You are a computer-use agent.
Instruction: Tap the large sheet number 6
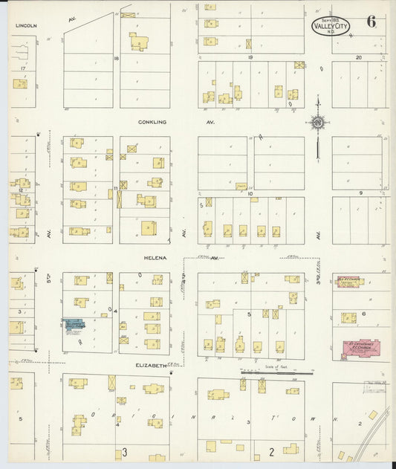pyautogui.click(x=371, y=22)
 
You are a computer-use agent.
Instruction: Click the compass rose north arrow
pyautogui.click(x=317, y=123)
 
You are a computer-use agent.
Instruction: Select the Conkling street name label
pyautogui.click(x=152, y=121)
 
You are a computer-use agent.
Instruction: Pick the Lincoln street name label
pyautogui.click(x=26, y=25)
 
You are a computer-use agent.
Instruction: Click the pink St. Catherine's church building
pyautogui.click(x=360, y=347)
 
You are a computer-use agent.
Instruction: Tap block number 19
pyautogui.click(x=250, y=57)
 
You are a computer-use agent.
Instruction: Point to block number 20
pyautogui.click(x=358, y=57)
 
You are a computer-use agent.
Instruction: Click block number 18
pyautogui.click(x=116, y=57)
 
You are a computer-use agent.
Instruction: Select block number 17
pyautogui.click(x=23, y=68)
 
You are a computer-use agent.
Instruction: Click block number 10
pyautogui.click(x=250, y=194)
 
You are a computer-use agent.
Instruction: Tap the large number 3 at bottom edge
pyautogui.click(x=125, y=452)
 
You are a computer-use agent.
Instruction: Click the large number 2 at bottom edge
pyautogui.click(x=272, y=451)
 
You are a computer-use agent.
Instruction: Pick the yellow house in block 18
pyautogui.click(x=139, y=42)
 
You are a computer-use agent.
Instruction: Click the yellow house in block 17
pyautogui.click(x=20, y=84)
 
